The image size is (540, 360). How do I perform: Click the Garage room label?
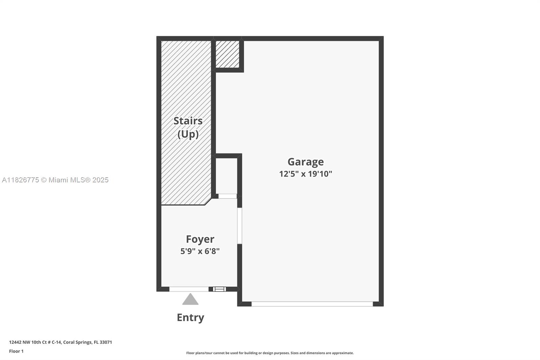point(305,162)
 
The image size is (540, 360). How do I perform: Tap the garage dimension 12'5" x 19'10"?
point(305,174)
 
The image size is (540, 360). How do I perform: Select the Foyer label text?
point(200,239)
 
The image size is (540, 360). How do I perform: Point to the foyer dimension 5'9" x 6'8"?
point(200,251)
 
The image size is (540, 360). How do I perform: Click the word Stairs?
point(188,121)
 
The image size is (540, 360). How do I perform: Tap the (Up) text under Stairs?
point(188,134)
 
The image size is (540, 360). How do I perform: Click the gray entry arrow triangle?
point(190,300)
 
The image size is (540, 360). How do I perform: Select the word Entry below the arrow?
point(190,317)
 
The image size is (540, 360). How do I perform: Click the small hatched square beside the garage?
point(227,54)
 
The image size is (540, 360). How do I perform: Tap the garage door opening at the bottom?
point(312,304)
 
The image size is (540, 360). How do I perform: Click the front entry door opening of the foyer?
point(189,289)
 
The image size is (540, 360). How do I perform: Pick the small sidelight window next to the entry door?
point(219,289)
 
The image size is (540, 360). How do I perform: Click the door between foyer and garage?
point(239,226)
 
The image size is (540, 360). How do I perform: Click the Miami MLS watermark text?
point(55,180)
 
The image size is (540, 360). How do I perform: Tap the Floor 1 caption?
point(16,351)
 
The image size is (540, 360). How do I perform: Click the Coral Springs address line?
point(60,342)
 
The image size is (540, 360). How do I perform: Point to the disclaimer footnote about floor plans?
point(270,353)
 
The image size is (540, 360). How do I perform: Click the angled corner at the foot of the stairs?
point(208,201)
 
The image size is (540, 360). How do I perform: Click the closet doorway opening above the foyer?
point(227,196)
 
